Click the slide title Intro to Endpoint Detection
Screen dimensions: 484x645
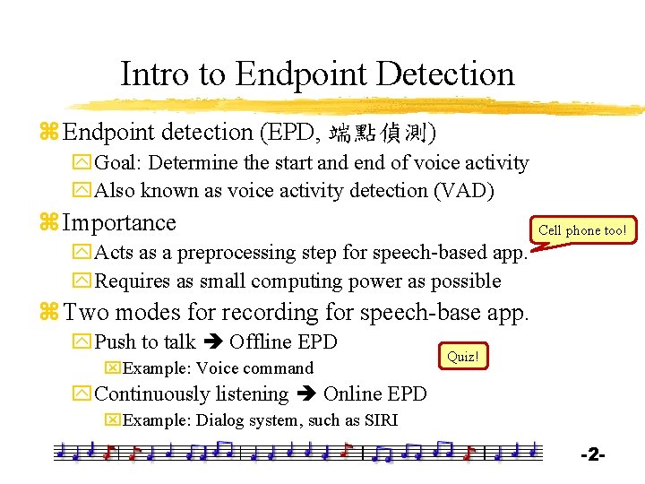(317, 73)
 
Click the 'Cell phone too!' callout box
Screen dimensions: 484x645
(581, 230)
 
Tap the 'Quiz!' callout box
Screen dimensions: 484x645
(462, 357)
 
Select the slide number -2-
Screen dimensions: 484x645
(592, 455)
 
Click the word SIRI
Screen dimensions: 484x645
(380, 421)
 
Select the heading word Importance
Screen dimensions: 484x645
(120, 222)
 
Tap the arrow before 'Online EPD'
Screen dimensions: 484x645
(305, 394)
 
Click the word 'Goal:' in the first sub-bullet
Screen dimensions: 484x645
(121, 163)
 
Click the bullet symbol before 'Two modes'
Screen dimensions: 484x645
(48, 313)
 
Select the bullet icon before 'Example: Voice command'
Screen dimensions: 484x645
(112, 368)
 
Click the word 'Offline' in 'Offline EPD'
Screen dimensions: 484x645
(260, 342)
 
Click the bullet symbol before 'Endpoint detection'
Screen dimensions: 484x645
(48, 133)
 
